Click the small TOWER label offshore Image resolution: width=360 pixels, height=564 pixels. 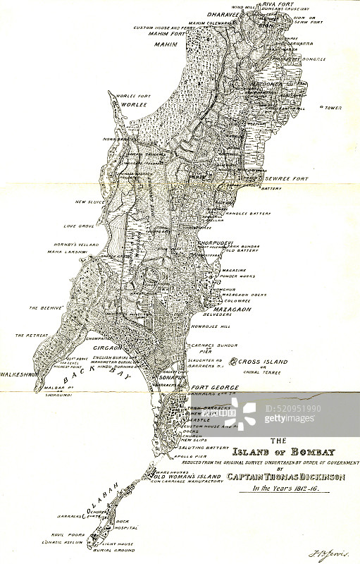(332, 108)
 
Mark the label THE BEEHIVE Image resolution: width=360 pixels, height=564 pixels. (46, 308)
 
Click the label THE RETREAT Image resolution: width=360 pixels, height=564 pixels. (32, 335)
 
